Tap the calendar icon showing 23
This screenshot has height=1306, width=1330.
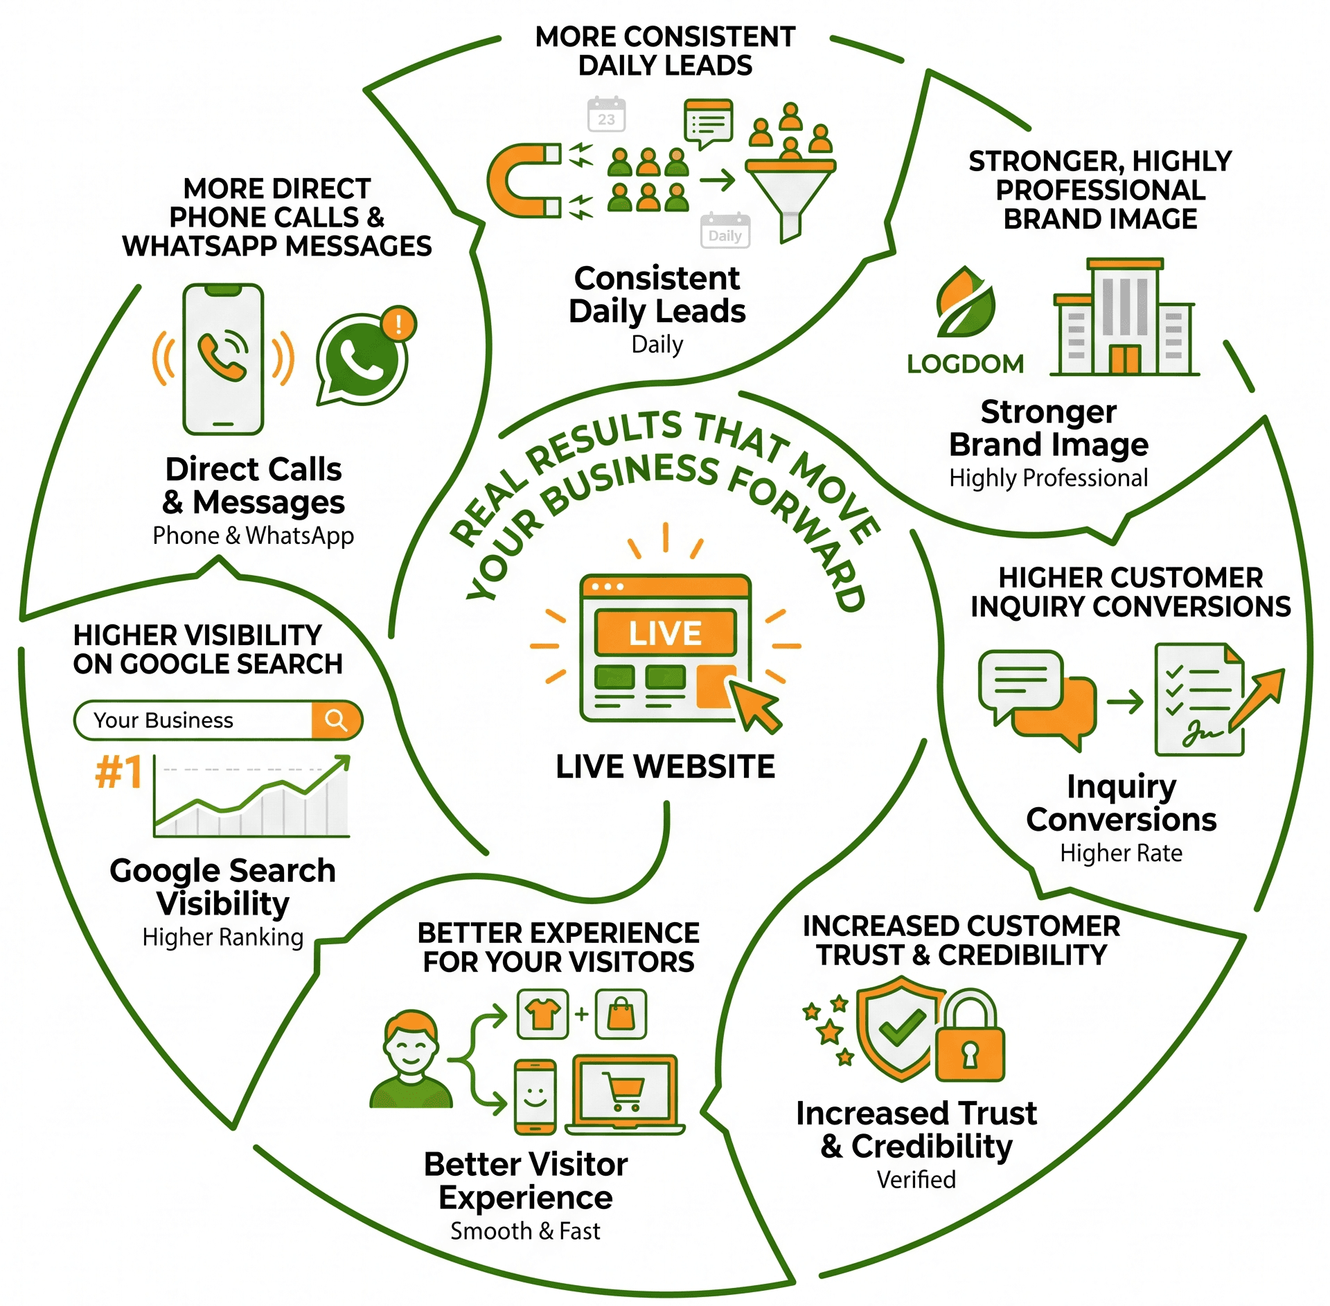tap(606, 114)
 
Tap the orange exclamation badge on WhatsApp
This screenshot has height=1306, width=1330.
tap(398, 324)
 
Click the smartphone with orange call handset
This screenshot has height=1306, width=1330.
tap(223, 359)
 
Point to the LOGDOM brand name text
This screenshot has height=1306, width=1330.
tap(965, 364)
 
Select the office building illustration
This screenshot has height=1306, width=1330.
tap(1124, 317)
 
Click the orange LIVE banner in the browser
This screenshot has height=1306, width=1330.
tap(665, 633)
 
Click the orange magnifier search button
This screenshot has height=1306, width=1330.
tap(337, 720)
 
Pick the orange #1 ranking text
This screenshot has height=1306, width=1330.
tap(119, 772)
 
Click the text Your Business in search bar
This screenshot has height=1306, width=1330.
tap(163, 721)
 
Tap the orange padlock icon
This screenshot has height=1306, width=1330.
tap(970, 1035)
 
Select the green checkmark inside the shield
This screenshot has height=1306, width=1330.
tap(902, 1027)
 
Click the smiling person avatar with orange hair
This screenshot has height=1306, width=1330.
tap(411, 1058)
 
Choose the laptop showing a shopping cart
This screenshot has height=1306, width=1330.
tap(626, 1095)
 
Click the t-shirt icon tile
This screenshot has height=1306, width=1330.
tap(543, 1014)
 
